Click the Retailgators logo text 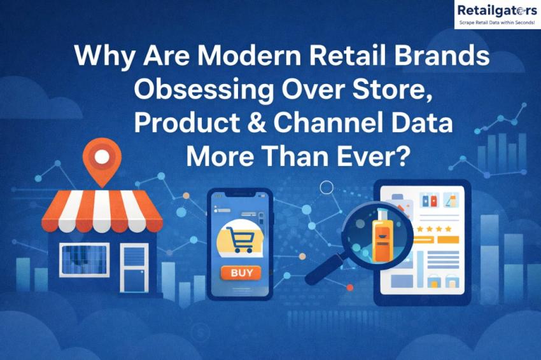click(x=496, y=10)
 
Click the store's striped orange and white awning click(x=102, y=210)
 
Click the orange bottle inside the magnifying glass click(x=381, y=235)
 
